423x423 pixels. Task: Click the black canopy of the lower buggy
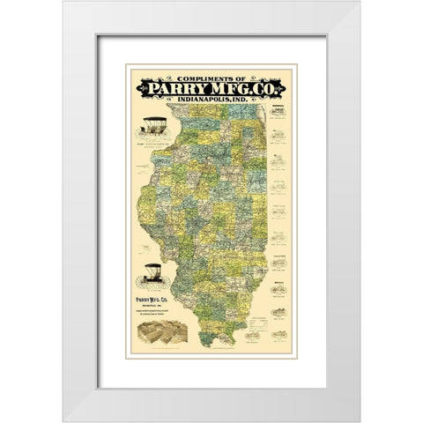click(x=151, y=266)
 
